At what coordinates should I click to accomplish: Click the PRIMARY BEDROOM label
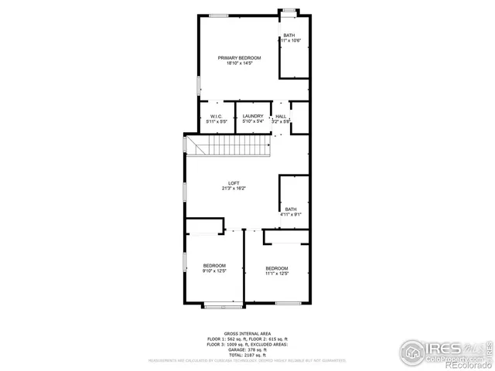239,58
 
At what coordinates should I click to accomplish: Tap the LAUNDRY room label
253,116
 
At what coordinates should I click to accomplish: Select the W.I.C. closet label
216,116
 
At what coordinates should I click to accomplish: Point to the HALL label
281,116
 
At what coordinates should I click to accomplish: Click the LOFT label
234,182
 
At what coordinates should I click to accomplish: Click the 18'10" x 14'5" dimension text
240,63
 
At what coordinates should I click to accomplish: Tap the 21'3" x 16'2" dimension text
234,188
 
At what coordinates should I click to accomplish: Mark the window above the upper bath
288,11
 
